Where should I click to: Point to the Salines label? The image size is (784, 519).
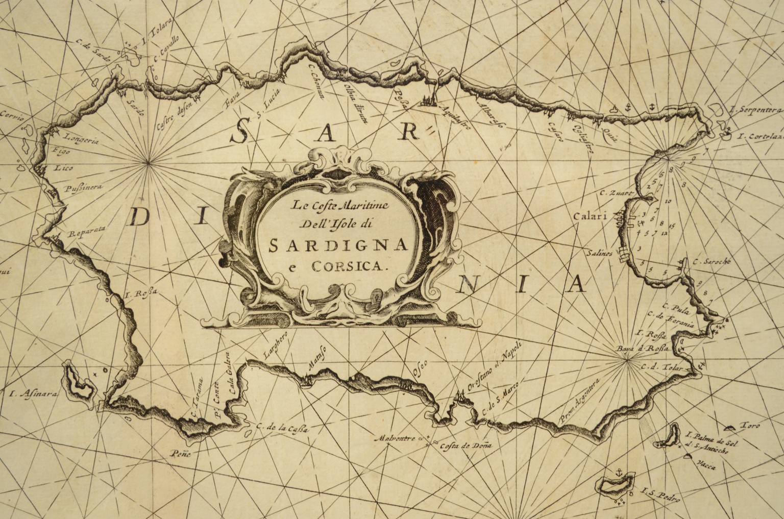coord(599,254)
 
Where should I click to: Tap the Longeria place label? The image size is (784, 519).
coord(79,137)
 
